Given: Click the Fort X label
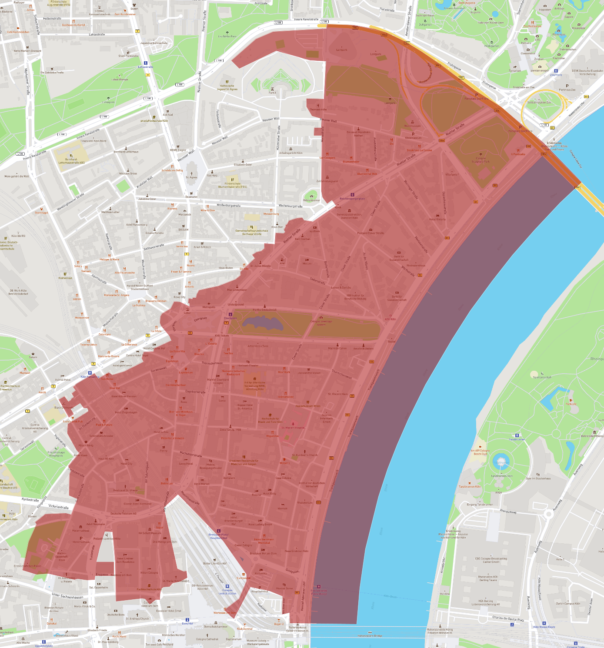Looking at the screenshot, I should coord(272,93).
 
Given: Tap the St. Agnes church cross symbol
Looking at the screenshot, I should coord(191,173).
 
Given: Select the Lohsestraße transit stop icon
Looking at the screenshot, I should coord(146,63).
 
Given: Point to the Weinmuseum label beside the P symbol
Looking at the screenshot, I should coord(413,138).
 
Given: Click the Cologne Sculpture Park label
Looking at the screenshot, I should coord(481,160).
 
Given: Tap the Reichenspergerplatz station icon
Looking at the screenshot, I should coord(352,195).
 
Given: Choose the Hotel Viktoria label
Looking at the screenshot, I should coord(437,219).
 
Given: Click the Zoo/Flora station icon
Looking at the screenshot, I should coord(556,70).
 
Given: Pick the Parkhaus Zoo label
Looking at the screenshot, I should coord(567,90).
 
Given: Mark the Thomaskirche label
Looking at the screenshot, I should coord(318,110).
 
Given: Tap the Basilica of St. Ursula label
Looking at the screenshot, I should coord(125,490).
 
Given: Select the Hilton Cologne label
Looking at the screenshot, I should coord(149,572).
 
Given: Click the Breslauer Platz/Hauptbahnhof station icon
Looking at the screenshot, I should coord(218,531).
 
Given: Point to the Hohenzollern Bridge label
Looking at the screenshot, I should coord(370,636).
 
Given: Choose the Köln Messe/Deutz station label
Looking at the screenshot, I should coord(544,627).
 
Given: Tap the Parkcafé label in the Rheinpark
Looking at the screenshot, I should coord(571,404).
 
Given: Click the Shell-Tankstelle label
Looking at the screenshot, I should coord(128,56).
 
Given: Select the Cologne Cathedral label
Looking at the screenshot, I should coord(207,639).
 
